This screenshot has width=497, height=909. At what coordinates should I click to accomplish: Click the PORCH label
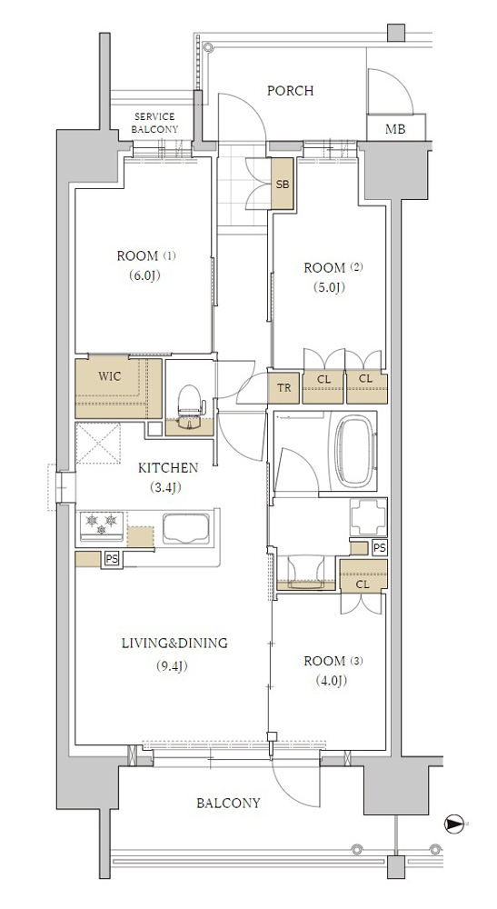tap(290, 90)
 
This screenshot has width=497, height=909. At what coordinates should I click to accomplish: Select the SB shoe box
tap(282, 185)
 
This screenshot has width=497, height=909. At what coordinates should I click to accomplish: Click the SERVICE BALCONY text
tap(154, 123)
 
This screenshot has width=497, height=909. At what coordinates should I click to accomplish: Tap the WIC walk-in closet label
tap(109, 375)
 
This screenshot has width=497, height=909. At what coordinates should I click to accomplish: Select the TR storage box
tap(283, 387)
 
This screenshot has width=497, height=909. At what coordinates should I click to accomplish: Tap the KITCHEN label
tap(168, 468)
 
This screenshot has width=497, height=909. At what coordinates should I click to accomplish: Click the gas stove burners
tap(102, 524)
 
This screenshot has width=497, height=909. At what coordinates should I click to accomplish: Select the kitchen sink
tap(186, 529)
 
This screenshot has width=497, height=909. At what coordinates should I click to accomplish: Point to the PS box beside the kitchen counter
tap(111, 559)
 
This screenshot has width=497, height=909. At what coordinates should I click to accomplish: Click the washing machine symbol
tap(368, 516)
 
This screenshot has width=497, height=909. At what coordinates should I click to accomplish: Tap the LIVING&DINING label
tap(174, 643)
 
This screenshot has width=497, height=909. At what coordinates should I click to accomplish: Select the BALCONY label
tap(228, 803)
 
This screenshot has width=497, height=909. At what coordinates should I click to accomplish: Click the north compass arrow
tap(456, 824)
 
